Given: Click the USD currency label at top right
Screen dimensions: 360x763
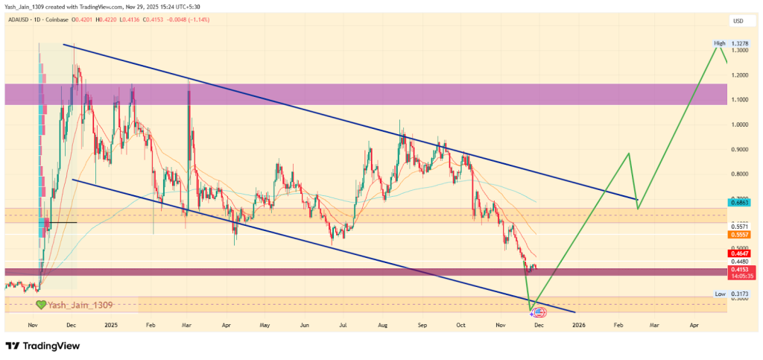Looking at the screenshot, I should tap(739, 21).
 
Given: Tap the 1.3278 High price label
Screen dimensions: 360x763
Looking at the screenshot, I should tap(740, 43).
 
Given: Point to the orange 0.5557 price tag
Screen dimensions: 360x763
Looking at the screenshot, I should tap(740, 234).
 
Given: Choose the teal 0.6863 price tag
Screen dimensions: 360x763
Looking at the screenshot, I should tap(740, 203).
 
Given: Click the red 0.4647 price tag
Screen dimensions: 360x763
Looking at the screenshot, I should tap(740, 253).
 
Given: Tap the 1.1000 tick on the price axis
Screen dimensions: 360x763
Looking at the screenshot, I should tap(740, 100).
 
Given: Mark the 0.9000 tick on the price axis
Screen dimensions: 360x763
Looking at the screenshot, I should tap(740, 149).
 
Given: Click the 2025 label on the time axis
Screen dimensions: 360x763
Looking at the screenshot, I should tap(111, 325).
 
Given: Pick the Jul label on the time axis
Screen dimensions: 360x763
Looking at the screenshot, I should tap(343, 325).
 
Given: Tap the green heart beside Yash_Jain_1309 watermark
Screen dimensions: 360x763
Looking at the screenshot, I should tap(41, 305).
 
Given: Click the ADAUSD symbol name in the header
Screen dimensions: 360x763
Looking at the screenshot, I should tap(18, 21).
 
